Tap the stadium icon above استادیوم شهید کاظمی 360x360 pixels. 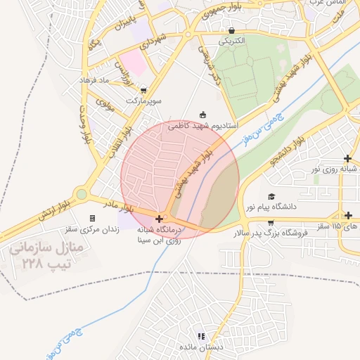[203, 114]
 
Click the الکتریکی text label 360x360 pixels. [232, 41]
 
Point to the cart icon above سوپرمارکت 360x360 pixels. [144, 90]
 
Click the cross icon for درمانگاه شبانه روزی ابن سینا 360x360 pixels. [160, 219]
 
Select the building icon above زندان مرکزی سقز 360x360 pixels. [92, 219]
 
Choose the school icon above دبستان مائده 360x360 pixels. [202, 337]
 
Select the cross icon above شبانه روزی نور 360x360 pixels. [347, 158]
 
